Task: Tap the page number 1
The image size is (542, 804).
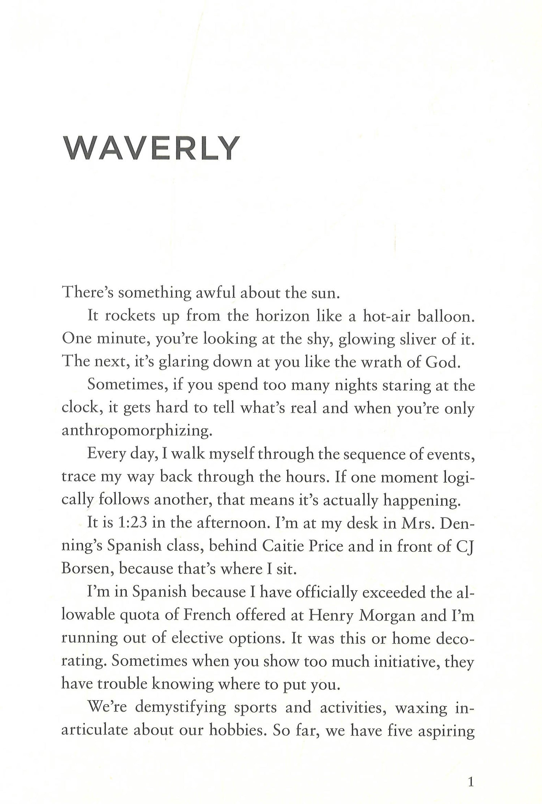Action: (470, 770)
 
